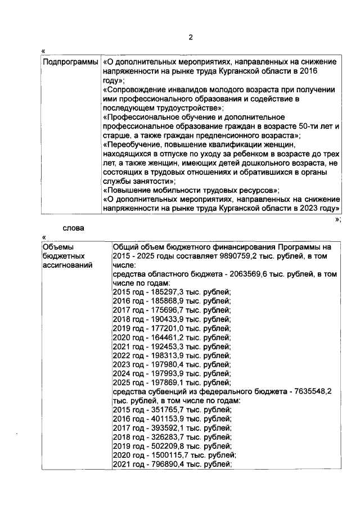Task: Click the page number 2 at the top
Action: pos(191,38)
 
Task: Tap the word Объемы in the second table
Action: pos(58,246)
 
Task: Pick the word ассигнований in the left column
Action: pos(68,265)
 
